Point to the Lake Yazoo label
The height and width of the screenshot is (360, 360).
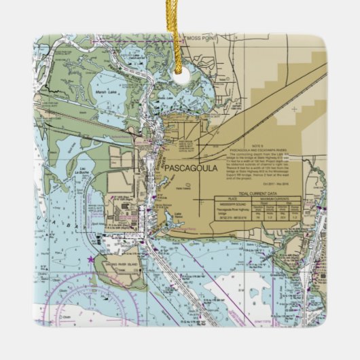[179, 216]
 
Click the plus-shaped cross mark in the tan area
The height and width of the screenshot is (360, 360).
[293, 108]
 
